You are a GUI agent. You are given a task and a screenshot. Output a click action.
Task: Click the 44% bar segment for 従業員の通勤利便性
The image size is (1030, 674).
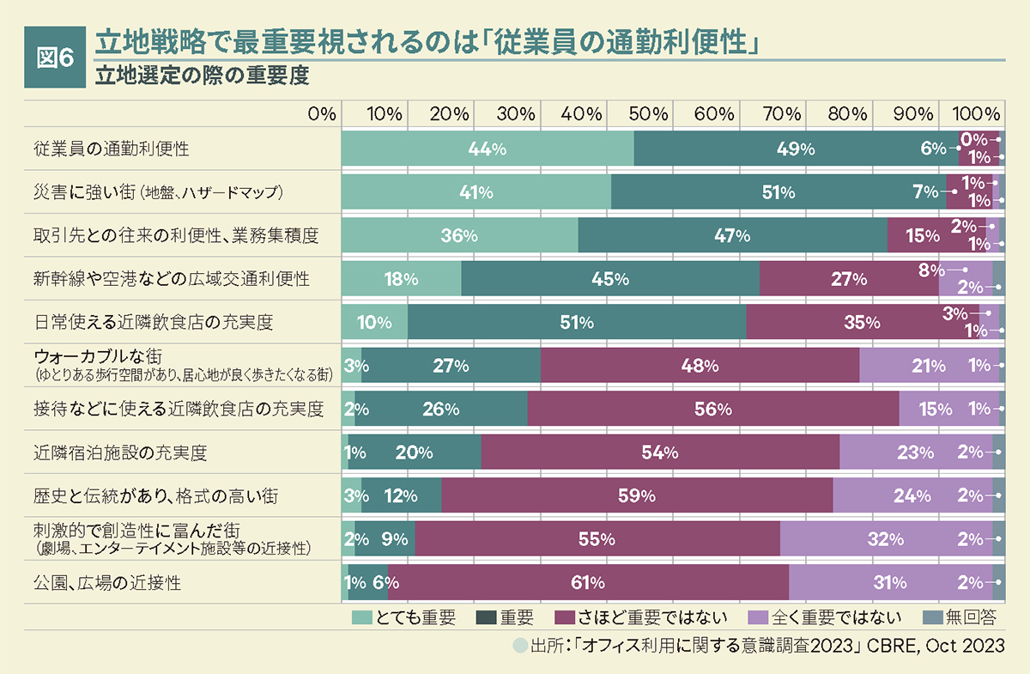(x=487, y=149)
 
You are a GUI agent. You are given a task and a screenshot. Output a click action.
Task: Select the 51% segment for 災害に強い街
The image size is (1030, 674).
(x=778, y=192)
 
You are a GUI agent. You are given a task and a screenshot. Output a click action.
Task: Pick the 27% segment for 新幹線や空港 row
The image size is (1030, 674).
(x=848, y=279)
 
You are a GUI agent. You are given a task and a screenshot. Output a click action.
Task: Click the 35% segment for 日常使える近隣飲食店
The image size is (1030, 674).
(x=862, y=323)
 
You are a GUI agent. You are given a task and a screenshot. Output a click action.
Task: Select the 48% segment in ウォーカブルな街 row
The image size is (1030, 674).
(x=699, y=366)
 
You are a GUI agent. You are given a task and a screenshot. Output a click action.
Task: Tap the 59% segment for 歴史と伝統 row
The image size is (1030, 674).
(x=636, y=495)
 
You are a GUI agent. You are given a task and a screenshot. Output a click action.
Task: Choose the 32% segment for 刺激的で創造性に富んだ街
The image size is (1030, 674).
(x=885, y=539)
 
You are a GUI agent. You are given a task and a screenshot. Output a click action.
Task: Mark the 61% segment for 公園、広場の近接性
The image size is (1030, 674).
(x=587, y=583)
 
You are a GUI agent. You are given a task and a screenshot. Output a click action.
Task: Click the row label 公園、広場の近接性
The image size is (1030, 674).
(x=107, y=583)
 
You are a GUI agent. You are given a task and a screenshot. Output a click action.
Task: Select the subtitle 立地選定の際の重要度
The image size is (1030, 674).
(x=202, y=76)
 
